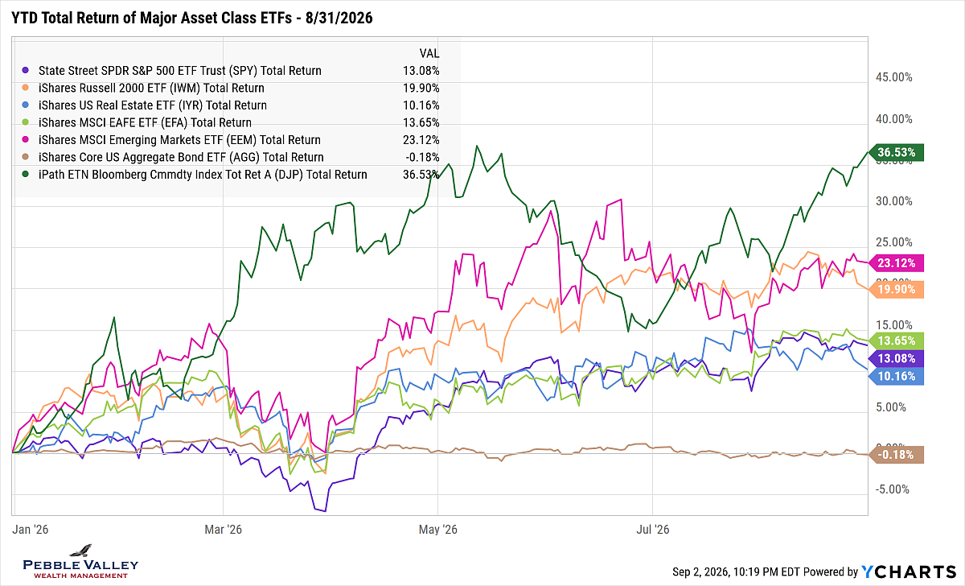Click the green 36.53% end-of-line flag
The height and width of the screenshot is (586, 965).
(x=897, y=152)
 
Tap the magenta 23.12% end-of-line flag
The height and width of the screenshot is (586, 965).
(x=897, y=263)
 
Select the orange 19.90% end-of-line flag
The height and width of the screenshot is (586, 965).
(x=897, y=289)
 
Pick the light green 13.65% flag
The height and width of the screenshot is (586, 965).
(x=897, y=340)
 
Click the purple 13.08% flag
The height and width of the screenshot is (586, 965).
(x=897, y=358)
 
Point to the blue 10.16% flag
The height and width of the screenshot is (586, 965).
(x=897, y=377)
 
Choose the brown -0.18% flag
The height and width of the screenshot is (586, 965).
(x=897, y=455)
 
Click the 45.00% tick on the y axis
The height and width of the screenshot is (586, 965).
(x=894, y=77)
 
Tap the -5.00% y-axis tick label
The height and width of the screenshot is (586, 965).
(x=892, y=489)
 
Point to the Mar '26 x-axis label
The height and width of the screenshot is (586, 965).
(x=224, y=530)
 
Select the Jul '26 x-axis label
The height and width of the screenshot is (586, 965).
(x=653, y=530)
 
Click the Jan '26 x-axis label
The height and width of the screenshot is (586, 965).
(x=31, y=530)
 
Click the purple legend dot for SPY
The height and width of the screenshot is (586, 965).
(x=26, y=70)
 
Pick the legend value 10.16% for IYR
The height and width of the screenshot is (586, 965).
(x=421, y=105)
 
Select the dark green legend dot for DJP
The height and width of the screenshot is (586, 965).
(x=26, y=174)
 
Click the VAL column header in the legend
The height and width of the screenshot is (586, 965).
(x=429, y=53)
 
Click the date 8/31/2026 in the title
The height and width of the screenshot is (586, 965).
(x=339, y=18)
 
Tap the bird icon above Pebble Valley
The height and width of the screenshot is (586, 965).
(x=81, y=551)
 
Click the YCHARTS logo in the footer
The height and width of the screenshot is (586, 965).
(x=909, y=572)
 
